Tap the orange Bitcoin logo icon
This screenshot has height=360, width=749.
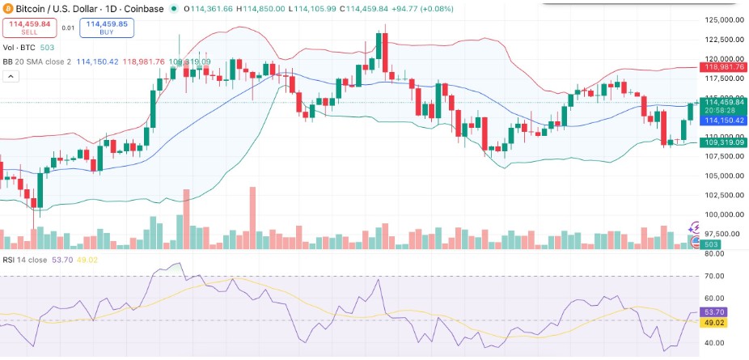(x=7, y=8)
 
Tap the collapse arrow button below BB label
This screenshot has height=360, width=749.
(x=11, y=76)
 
